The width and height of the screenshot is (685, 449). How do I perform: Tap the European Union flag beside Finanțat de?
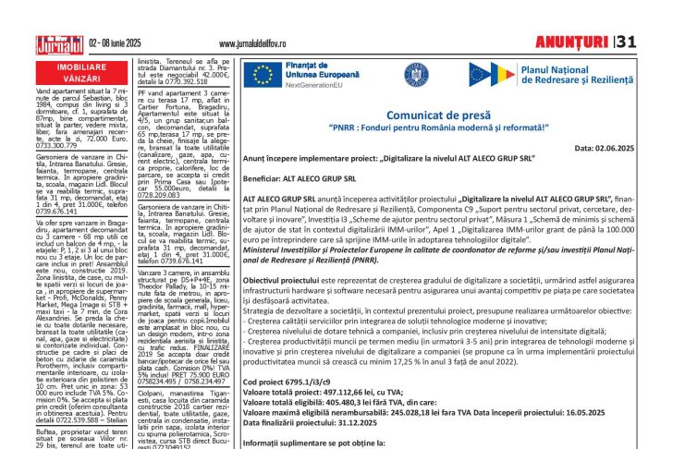(x=262, y=75)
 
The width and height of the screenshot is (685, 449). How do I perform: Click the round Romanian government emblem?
(x=415, y=75)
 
